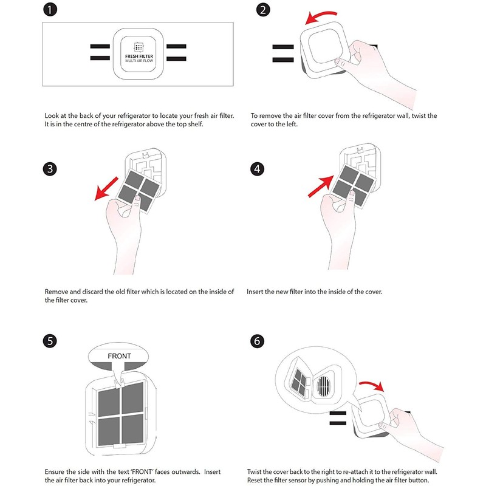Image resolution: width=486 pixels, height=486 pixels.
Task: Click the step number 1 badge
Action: [50, 9]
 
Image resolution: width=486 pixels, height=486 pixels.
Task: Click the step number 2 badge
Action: [263, 9]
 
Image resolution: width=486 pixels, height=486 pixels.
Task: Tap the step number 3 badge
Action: [50, 169]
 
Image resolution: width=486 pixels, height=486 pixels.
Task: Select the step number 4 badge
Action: [257, 169]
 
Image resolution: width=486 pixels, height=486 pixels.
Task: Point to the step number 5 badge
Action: [50, 341]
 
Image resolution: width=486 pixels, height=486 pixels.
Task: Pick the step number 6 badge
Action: [257, 341]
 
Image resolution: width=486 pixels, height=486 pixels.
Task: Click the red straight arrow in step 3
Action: [106, 189]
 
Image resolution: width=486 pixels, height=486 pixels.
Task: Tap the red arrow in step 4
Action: [321, 187]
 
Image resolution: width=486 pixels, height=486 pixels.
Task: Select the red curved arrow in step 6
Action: [372, 385]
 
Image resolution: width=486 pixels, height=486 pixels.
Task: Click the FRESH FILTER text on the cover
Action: [139, 56]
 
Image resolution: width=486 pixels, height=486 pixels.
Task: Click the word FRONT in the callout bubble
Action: [119, 356]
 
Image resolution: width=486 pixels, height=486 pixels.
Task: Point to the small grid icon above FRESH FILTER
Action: [139, 47]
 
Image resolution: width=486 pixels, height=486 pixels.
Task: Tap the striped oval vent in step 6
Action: [324, 386]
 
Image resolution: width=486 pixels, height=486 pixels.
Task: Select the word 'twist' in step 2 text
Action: [419, 115]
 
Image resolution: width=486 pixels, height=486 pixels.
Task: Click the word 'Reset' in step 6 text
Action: [255, 480]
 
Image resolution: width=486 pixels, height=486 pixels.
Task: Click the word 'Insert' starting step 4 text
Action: [255, 292]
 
